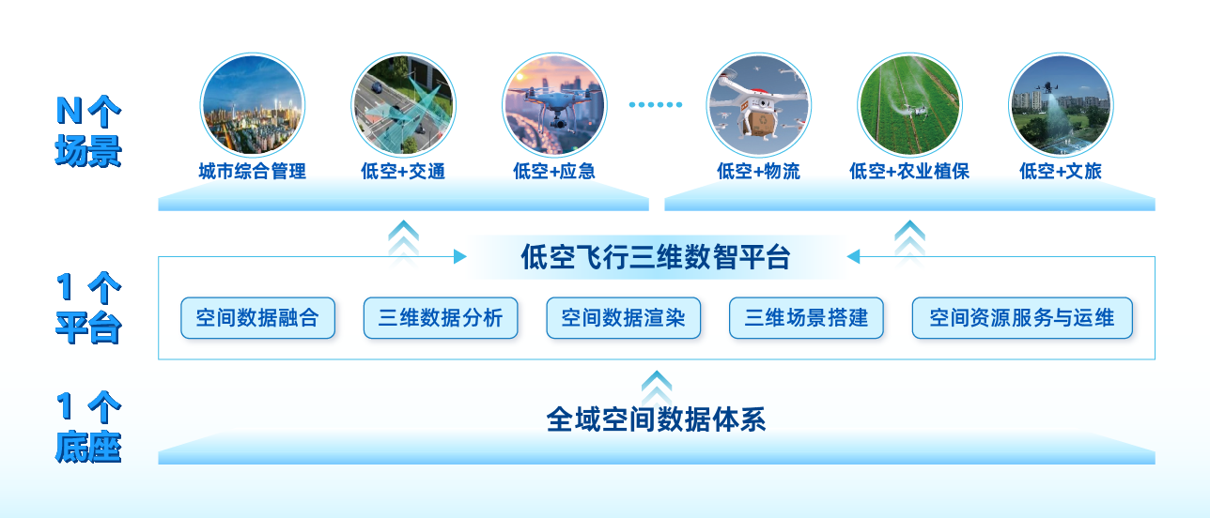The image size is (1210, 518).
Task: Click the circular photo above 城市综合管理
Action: tap(252, 103)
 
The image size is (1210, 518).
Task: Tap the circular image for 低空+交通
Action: tap(403, 103)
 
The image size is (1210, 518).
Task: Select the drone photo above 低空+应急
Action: tap(554, 103)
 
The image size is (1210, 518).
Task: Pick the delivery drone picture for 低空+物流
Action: tap(758, 103)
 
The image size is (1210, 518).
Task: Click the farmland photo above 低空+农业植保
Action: tap(909, 103)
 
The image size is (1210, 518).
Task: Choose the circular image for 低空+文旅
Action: tap(1061, 103)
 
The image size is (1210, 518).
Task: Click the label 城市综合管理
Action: tap(252, 172)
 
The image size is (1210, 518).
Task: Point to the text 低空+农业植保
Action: tap(909, 172)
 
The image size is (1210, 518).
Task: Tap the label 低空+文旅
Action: tap(1061, 172)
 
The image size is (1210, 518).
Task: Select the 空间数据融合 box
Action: tap(257, 318)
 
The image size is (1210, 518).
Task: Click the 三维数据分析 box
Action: tap(441, 318)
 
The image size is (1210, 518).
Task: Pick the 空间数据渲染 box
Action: tap(623, 318)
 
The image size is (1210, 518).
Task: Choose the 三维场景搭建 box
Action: tap(806, 318)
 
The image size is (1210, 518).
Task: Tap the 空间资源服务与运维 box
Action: tap(1022, 318)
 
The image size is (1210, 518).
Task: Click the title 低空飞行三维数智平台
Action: tap(656, 257)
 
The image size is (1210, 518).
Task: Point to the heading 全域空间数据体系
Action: tap(656, 419)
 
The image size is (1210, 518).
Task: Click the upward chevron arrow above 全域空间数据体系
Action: tap(657, 384)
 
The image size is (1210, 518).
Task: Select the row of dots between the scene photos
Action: tap(655, 104)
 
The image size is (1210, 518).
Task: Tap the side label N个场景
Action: tap(88, 132)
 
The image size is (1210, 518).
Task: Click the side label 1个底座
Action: tap(88, 428)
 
